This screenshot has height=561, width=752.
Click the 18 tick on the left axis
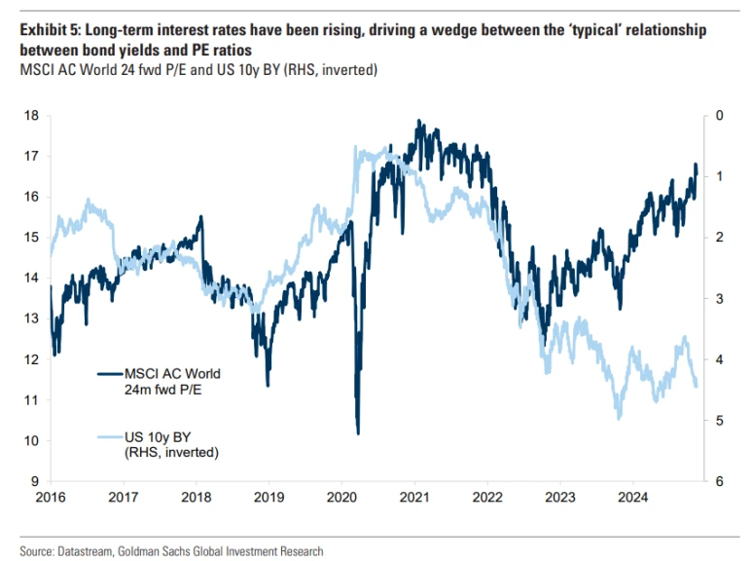click(32, 116)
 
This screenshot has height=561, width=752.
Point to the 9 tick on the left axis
click(35, 482)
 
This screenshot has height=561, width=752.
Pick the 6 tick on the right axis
click(719, 482)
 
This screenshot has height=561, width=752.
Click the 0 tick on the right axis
click(719, 116)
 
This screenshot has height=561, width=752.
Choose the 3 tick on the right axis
click(719, 299)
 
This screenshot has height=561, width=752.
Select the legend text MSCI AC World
click(172, 374)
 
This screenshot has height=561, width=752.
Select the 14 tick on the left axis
click(32, 279)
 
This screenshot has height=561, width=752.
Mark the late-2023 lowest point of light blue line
click(619, 419)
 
